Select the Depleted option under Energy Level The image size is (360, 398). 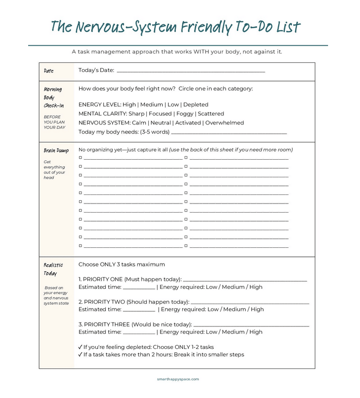pos(196,105)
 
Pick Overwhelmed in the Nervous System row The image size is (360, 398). pos(225,123)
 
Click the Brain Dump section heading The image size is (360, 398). pos(56,151)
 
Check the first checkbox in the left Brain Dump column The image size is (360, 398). pos(81,157)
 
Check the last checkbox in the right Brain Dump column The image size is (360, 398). pos(186,246)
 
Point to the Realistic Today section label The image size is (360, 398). pos(53,269)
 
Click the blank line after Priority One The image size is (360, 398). pos(245,280)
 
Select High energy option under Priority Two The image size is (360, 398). pos(257,309)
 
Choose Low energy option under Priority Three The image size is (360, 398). pos(213,332)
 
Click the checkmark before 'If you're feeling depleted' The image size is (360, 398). pos(80,347)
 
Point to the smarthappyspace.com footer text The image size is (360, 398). pos(178,379)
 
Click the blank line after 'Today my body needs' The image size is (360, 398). pos(229,133)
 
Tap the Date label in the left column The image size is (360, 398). pos(49,71)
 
